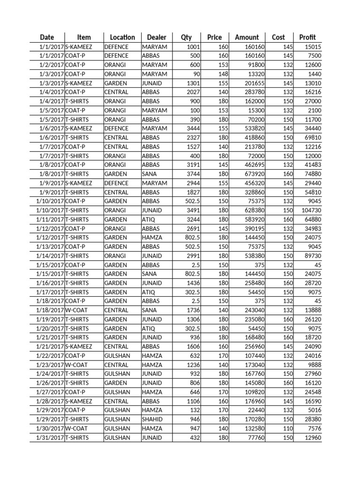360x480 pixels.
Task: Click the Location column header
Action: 122,37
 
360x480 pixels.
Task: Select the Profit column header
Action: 307,37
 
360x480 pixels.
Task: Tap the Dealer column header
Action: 157,37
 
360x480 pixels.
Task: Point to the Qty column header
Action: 186,37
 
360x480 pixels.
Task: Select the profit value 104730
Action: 309,210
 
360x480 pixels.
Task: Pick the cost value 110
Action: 288,428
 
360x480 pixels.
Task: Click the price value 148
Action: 223,74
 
